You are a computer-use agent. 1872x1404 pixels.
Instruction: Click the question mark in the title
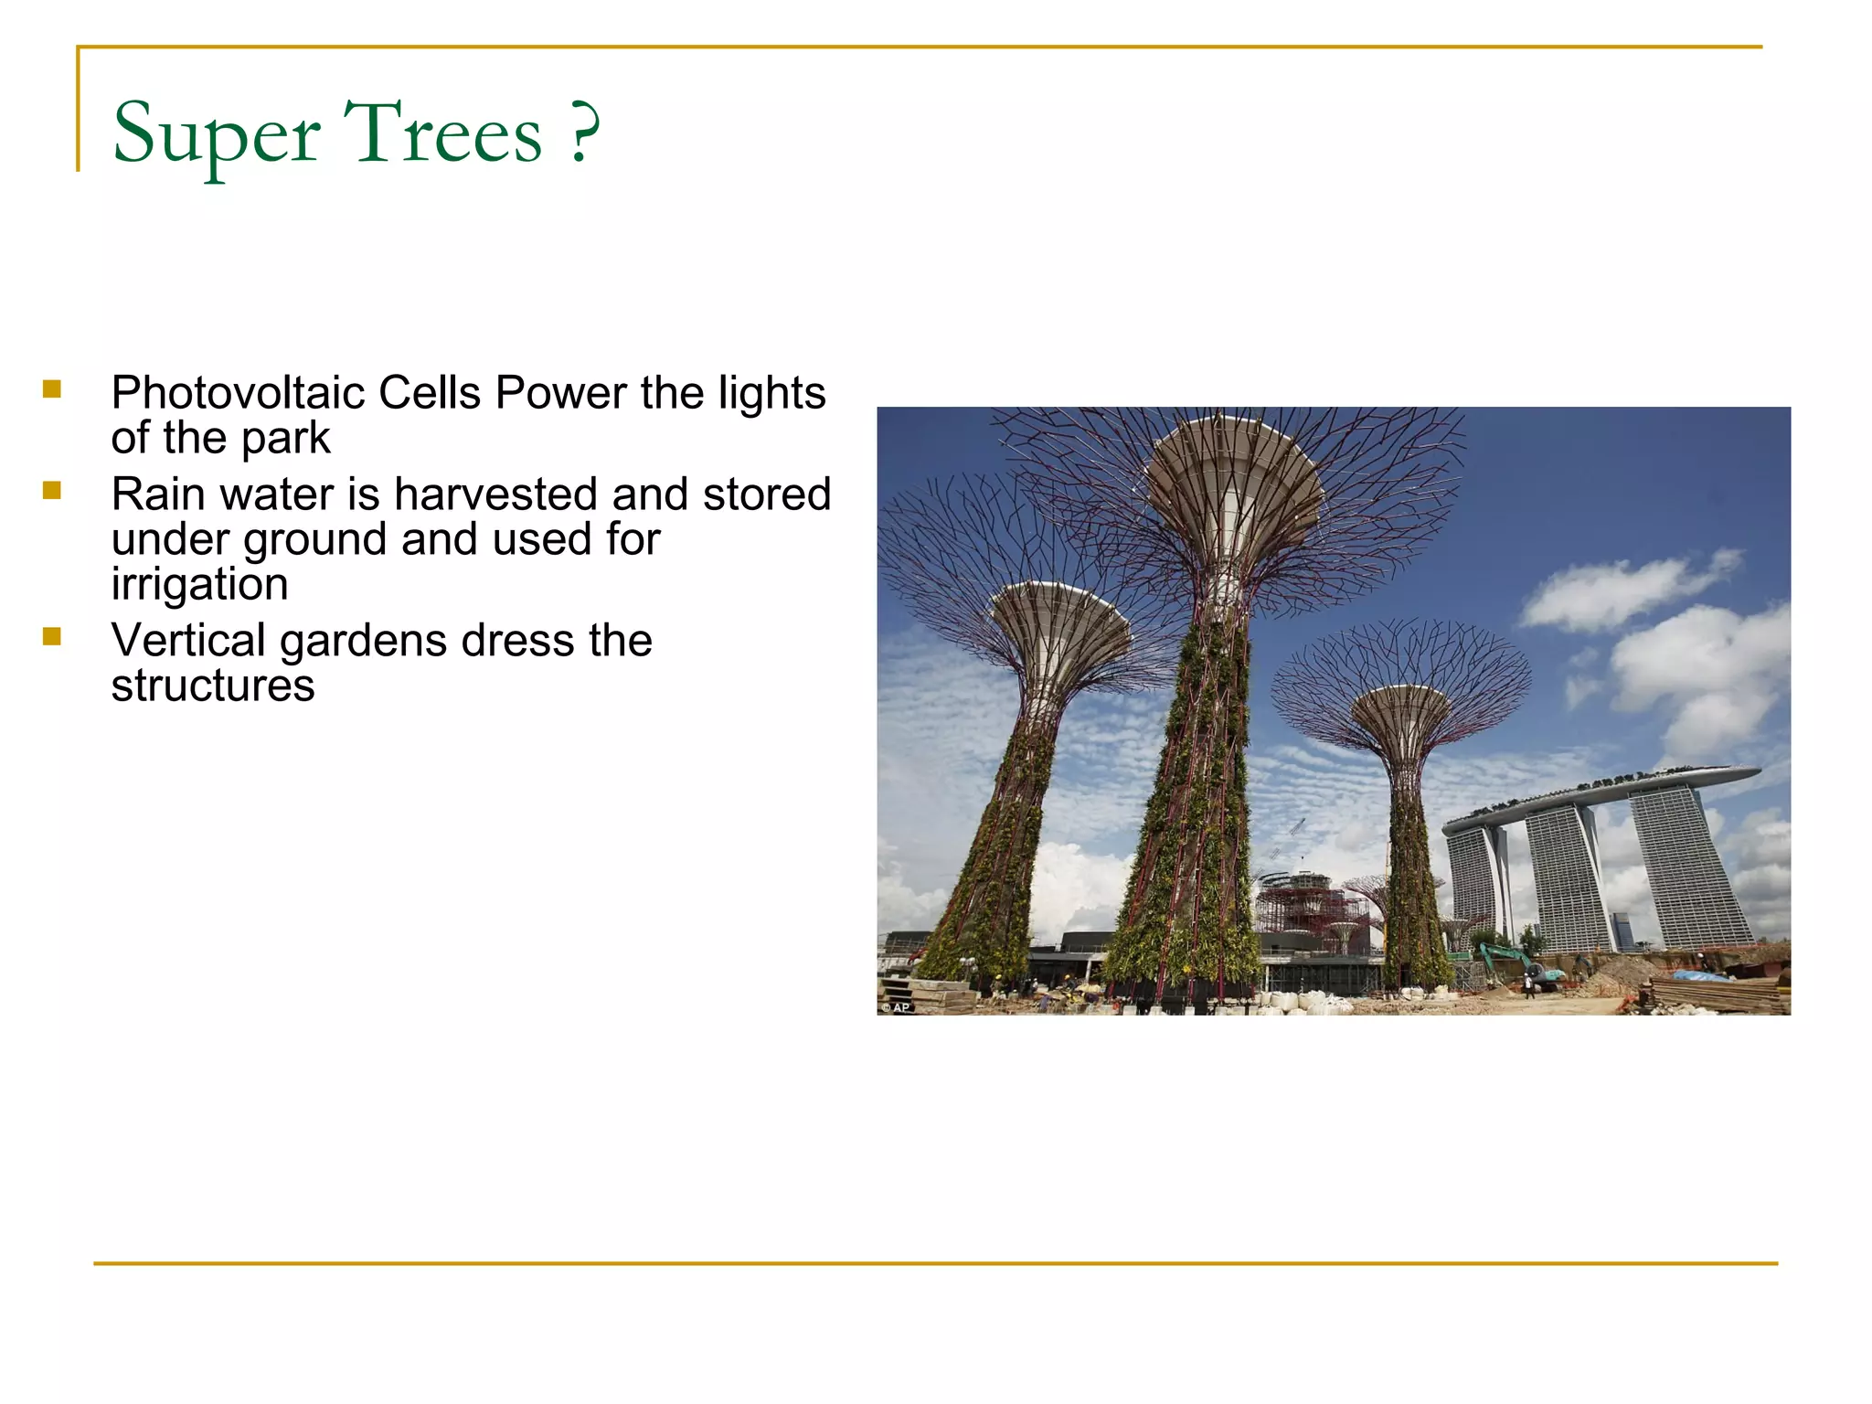click(x=584, y=133)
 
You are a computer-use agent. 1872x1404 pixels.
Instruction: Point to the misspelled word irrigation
click(x=199, y=584)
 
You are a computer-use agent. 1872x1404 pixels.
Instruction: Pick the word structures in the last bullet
click(x=213, y=686)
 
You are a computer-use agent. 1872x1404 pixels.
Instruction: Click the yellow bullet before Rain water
click(x=52, y=491)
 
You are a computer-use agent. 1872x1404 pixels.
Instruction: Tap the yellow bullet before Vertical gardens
click(x=52, y=637)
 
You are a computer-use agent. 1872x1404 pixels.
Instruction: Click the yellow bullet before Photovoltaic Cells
click(x=52, y=389)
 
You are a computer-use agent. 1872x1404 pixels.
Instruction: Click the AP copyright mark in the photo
click(x=897, y=1007)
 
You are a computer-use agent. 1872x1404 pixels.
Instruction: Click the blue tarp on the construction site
click(x=1700, y=976)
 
